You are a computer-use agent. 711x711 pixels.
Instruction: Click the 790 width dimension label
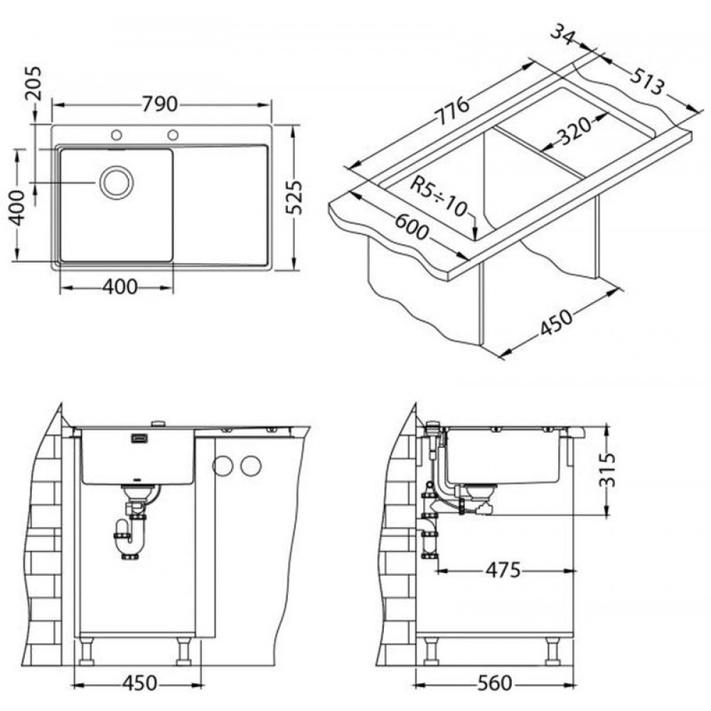(x=159, y=105)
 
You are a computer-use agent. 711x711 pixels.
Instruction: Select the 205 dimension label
(x=33, y=83)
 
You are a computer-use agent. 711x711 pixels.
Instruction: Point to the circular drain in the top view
(x=117, y=182)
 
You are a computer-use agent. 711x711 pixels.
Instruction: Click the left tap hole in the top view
(x=117, y=134)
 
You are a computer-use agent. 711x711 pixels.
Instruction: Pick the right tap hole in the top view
(x=173, y=134)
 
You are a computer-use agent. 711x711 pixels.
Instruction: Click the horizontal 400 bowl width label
(x=119, y=287)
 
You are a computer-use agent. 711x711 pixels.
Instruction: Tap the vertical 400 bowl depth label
(x=17, y=208)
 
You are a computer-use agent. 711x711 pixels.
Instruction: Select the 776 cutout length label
(x=452, y=110)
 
